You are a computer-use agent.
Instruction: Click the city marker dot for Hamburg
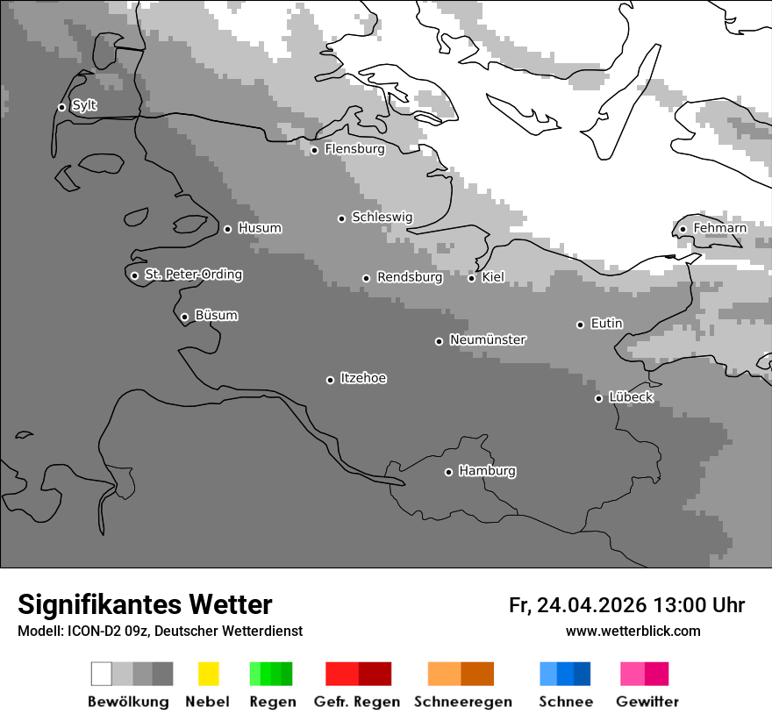[x=448, y=472]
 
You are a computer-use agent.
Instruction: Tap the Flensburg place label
[x=354, y=149]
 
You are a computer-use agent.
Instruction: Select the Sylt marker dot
[x=61, y=107]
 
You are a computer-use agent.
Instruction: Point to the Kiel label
[x=493, y=277]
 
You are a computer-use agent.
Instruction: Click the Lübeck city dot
[x=598, y=398]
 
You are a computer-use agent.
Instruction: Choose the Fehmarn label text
[x=719, y=228]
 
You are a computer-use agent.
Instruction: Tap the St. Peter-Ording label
[x=193, y=275]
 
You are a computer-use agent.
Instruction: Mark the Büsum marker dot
[x=184, y=317]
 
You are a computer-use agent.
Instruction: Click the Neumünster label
[x=488, y=339]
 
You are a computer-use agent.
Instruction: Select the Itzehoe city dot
[x=330, y=380]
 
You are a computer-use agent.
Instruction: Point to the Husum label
[x=260, y=228]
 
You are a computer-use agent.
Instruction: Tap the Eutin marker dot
[x=580, y=325]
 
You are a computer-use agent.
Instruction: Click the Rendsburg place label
[x=410, y=277]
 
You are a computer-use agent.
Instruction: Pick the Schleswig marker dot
[x=341, y=218]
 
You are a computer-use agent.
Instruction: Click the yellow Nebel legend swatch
[x=208, y=674]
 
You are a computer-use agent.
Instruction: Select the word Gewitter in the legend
[x=647, y=702]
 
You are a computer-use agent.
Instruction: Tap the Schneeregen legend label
[x=462, y=702]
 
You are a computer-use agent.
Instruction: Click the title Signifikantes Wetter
[x=145, y=604]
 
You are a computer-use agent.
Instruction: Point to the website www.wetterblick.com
[x=633, y=631]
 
